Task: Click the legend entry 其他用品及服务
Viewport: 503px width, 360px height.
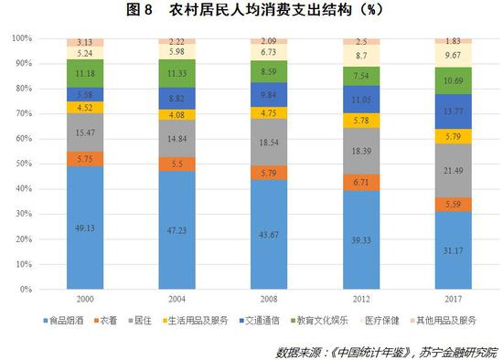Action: (x=451, y=321)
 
